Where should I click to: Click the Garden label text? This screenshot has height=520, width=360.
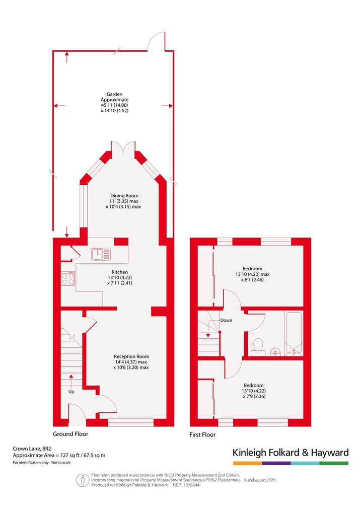pyautogui.click(x=114, y=94)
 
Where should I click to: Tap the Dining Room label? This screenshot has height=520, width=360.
pyautogui.click(x=124, y=196)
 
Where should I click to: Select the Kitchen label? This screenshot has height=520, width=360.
pyautogui.click(x=119, y=272)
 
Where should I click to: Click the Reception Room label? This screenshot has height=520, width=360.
pyautogui.click(x=131, y=356)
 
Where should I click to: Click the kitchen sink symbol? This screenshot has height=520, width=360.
pyautogui.click(x=101, y=254)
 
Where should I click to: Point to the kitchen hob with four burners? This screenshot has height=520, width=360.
pyautogui.click(x=67, y=278)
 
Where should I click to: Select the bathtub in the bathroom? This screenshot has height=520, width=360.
pyautogui.click(x=294, y=334)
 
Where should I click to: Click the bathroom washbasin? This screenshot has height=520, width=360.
pyautogui.click(x=275, y=352)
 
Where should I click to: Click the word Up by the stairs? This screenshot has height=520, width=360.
pyautogui.click(x=71, y=392)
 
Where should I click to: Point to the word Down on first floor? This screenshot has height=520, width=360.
pyautogui.click(x=226, y=320)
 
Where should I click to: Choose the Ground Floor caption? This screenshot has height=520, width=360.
pyautogui.click(x=70, y=434)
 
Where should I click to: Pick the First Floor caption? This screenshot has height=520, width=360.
pyautogui.click(x=202, y=434)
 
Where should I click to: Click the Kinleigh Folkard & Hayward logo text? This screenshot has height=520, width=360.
pyautogui.click(x=291, y=453)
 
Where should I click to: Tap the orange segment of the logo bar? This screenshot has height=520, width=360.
pyautogui.click(x=247, y=463)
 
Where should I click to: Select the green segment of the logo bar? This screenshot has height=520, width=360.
pyautogui.click(x=334, y=463)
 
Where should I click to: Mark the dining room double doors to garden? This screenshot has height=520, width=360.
pyautogui.click(x=123, y=147)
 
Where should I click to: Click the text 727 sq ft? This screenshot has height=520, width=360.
pyautogui.click(x=69, y=456)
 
